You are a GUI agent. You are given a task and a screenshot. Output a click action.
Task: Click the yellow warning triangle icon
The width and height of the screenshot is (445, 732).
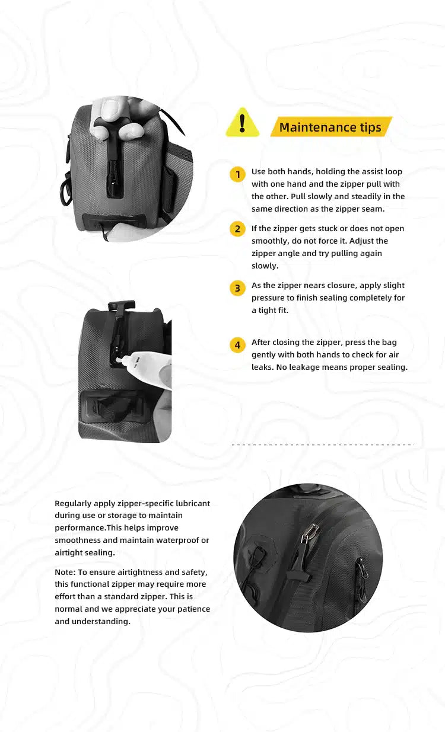pyautogui.click(x=242, y=123)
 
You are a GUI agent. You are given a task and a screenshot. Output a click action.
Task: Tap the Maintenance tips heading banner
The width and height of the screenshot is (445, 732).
pyautogui.click(x=331, y=126)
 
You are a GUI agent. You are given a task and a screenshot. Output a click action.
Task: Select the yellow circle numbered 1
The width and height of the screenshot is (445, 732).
pyautogui.click(x=237, y=174)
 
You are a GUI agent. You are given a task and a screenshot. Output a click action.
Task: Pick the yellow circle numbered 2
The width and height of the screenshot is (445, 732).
pyautogui.click(x=237, y=229)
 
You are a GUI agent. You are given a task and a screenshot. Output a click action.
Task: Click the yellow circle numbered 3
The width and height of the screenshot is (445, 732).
pyautogui.click(x=237, y=288)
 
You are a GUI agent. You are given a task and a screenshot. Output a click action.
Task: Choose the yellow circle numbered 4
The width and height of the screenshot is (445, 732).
pyautogui.click(x=237, y=345)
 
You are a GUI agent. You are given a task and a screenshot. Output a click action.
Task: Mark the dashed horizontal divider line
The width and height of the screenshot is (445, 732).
pyautogui.click(x=323, y=445)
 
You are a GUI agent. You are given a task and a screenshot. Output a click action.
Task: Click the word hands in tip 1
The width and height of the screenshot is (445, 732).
pyautogui.click(x=301, y=171)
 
